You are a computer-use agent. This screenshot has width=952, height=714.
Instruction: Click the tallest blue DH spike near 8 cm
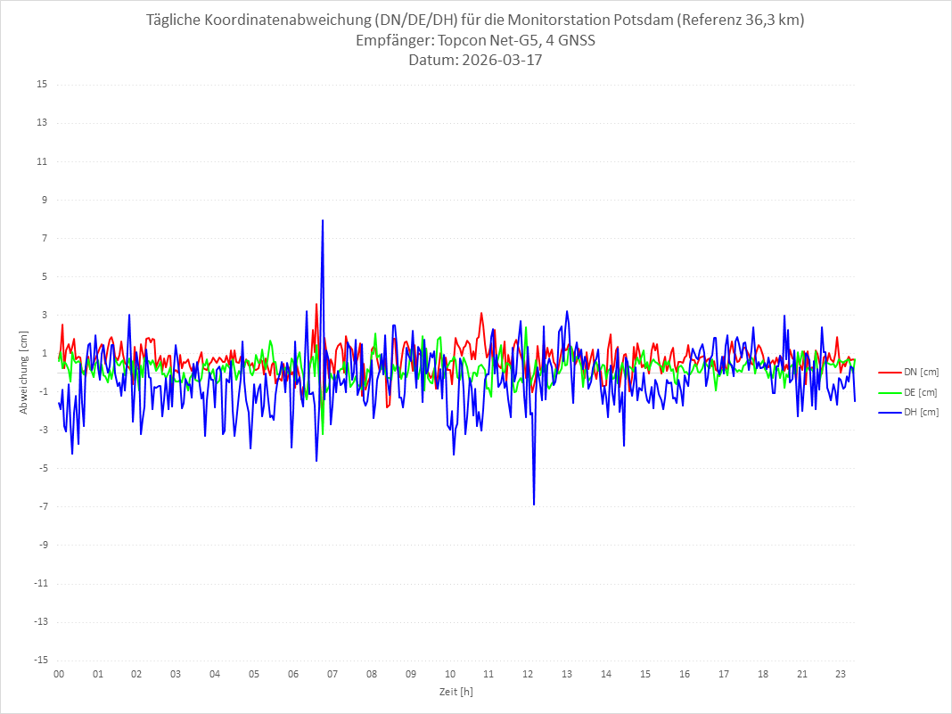pyautogui.click(x=323, y=220)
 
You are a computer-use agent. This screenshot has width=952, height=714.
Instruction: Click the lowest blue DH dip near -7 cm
pyautogui.click(x=534, y=505)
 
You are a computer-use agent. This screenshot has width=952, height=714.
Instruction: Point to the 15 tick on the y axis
pyautogui.click(x=42, y=85)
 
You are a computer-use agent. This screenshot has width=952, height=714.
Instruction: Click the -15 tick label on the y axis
pyautogui.click(x=40, y=660)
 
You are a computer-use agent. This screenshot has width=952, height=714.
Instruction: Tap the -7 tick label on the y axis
pyautogui.click(x=42, y=506)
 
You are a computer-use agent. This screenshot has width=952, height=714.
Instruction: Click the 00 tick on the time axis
pyautogui.click(x=59, y=674)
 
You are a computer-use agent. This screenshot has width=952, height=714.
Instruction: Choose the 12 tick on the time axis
pyautogui.click(x=528, y=674)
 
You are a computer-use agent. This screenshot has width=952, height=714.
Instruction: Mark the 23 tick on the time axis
pyautogui.click(x=841, y=674)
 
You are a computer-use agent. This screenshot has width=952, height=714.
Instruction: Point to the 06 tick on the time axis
pyautogui.click(x=293, y=674)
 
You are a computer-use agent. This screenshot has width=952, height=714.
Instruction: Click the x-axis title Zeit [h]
pyautogui.click(x=456, y=691)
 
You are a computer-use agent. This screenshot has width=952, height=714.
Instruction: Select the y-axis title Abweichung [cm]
pyautogui.click(x=24, y=372)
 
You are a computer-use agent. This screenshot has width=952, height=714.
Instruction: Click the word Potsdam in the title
pyautogui.click(x=639, y=21)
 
